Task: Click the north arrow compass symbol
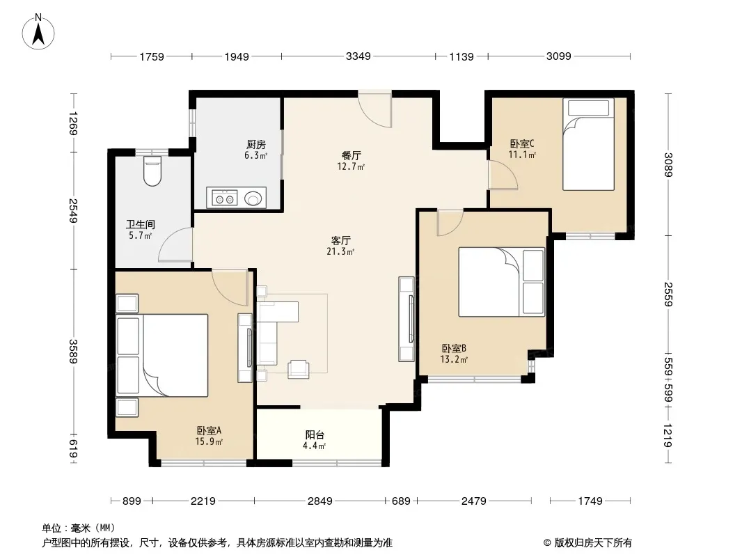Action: coord(38,32)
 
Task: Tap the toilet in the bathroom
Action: coord(152,171)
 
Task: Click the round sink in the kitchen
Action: coord(253,198)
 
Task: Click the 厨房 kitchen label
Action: coord(256,144)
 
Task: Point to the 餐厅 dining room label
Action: coord(351,155)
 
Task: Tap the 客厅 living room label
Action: coord(340,240)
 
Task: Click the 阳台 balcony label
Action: coord(315,434)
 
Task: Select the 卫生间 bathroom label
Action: coord(140,224)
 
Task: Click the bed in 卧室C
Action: coord(588,144)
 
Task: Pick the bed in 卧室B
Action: coord(502,281)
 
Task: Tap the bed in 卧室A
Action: coord(162,355)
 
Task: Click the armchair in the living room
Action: coord(299,368)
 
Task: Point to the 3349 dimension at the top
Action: coord(358,56)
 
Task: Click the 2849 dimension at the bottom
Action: coord(320,501)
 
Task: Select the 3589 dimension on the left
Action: coord(73,351)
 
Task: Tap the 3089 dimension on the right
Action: coord(668,165)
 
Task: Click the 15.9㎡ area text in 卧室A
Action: coord(209,441)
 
